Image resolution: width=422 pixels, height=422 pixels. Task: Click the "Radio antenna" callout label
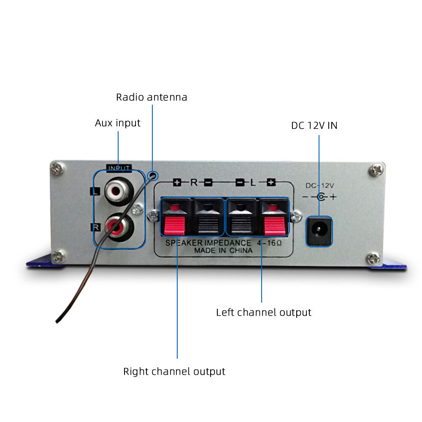coord(151,97)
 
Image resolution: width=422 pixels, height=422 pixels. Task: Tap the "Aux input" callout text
coord(117,123)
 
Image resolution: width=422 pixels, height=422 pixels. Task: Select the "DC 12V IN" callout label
coord(314,125)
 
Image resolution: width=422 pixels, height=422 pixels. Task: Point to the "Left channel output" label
coord(263,312)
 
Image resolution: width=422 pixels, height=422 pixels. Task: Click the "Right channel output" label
coord(174,372)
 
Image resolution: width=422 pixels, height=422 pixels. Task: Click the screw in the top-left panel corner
coord(57,169)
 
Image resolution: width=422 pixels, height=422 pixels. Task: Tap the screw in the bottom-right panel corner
coord(374,258)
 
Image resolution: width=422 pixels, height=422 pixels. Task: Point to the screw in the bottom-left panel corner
coord(59,256)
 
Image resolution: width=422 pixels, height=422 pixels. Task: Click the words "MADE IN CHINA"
coord(223,250)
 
